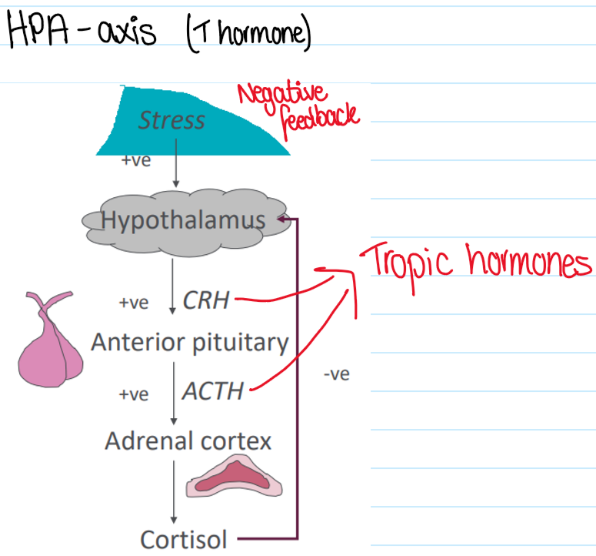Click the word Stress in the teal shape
[171, 120]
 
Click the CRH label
[206, 300]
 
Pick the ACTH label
[213, 391]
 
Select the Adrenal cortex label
[188, 441]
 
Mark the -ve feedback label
[337, 375]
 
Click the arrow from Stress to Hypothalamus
[176, 169]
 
